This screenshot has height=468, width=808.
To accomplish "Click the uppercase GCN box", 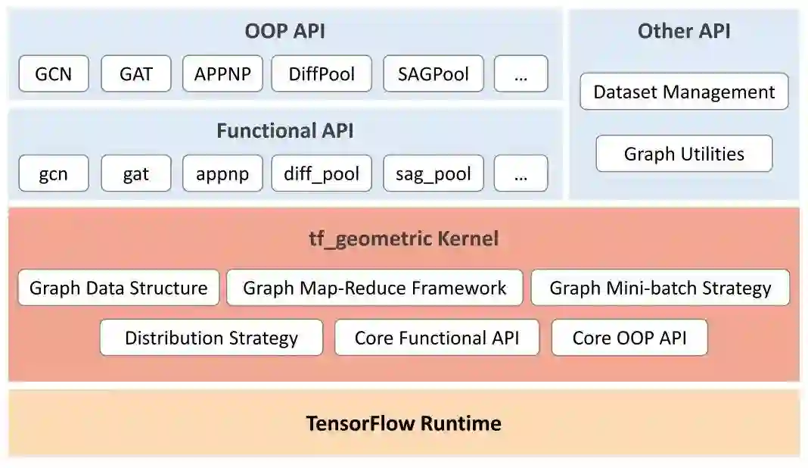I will (53, 74).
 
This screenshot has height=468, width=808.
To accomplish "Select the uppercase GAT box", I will (136, 74).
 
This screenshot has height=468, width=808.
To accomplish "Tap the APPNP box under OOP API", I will (222, 74).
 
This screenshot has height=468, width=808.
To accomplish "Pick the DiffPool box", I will (322, 74).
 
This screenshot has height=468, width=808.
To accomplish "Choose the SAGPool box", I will (433, 74).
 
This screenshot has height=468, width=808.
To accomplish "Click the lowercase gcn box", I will (53, 173).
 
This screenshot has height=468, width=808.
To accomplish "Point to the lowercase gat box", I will (136, 173).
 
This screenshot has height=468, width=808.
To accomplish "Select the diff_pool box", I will (322, 173).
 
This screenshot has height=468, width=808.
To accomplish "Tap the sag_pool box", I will (433, 173).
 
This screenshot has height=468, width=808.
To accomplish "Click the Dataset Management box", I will (684, 92).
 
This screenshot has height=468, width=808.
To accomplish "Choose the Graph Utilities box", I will (684, 154).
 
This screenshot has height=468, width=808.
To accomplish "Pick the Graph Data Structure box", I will (119, 288).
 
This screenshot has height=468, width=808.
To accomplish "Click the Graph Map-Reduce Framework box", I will (374, 288).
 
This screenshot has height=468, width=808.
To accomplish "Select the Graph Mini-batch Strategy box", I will (660, 288).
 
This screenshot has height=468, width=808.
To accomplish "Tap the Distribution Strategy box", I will (211, 338).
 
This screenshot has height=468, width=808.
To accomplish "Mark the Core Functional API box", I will (437, 338).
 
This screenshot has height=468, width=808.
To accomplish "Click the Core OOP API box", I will (629, 338).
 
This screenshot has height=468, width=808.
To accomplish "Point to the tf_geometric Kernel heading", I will (402, 239).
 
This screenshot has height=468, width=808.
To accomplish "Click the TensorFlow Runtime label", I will (403, 423).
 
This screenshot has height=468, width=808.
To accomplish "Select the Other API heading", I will (684, 31).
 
